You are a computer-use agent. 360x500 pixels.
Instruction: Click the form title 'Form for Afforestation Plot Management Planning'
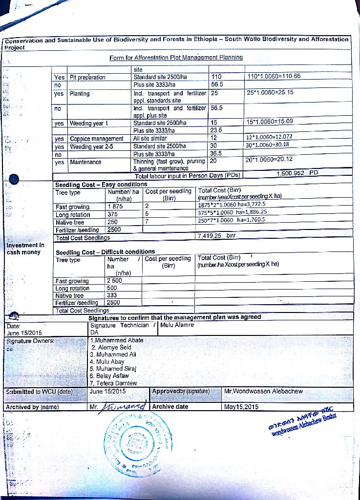pos(176,58)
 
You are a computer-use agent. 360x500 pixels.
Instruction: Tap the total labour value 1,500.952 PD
pos(297,173)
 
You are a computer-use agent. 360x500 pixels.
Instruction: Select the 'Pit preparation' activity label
pos(87,77)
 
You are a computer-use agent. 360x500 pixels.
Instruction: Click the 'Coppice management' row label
pos(97,139)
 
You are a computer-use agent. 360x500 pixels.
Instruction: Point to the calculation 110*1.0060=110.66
pos(274,76)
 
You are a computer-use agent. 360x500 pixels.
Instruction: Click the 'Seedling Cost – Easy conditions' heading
pos(101,184)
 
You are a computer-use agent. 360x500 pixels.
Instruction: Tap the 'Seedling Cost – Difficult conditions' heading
pos(105,252)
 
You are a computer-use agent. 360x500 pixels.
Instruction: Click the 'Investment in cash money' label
pos(25,249)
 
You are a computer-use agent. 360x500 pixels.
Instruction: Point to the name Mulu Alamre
pos(177,325)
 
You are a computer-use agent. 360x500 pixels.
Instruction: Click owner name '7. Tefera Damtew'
pos(114,383)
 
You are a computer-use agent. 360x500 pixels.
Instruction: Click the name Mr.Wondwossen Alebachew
pos(263,391)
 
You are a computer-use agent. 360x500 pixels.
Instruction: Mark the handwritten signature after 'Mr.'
pos(125,405)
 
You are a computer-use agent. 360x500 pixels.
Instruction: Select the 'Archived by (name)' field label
pos(32,407)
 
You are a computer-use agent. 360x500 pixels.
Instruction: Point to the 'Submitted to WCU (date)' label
pos(39,392)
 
